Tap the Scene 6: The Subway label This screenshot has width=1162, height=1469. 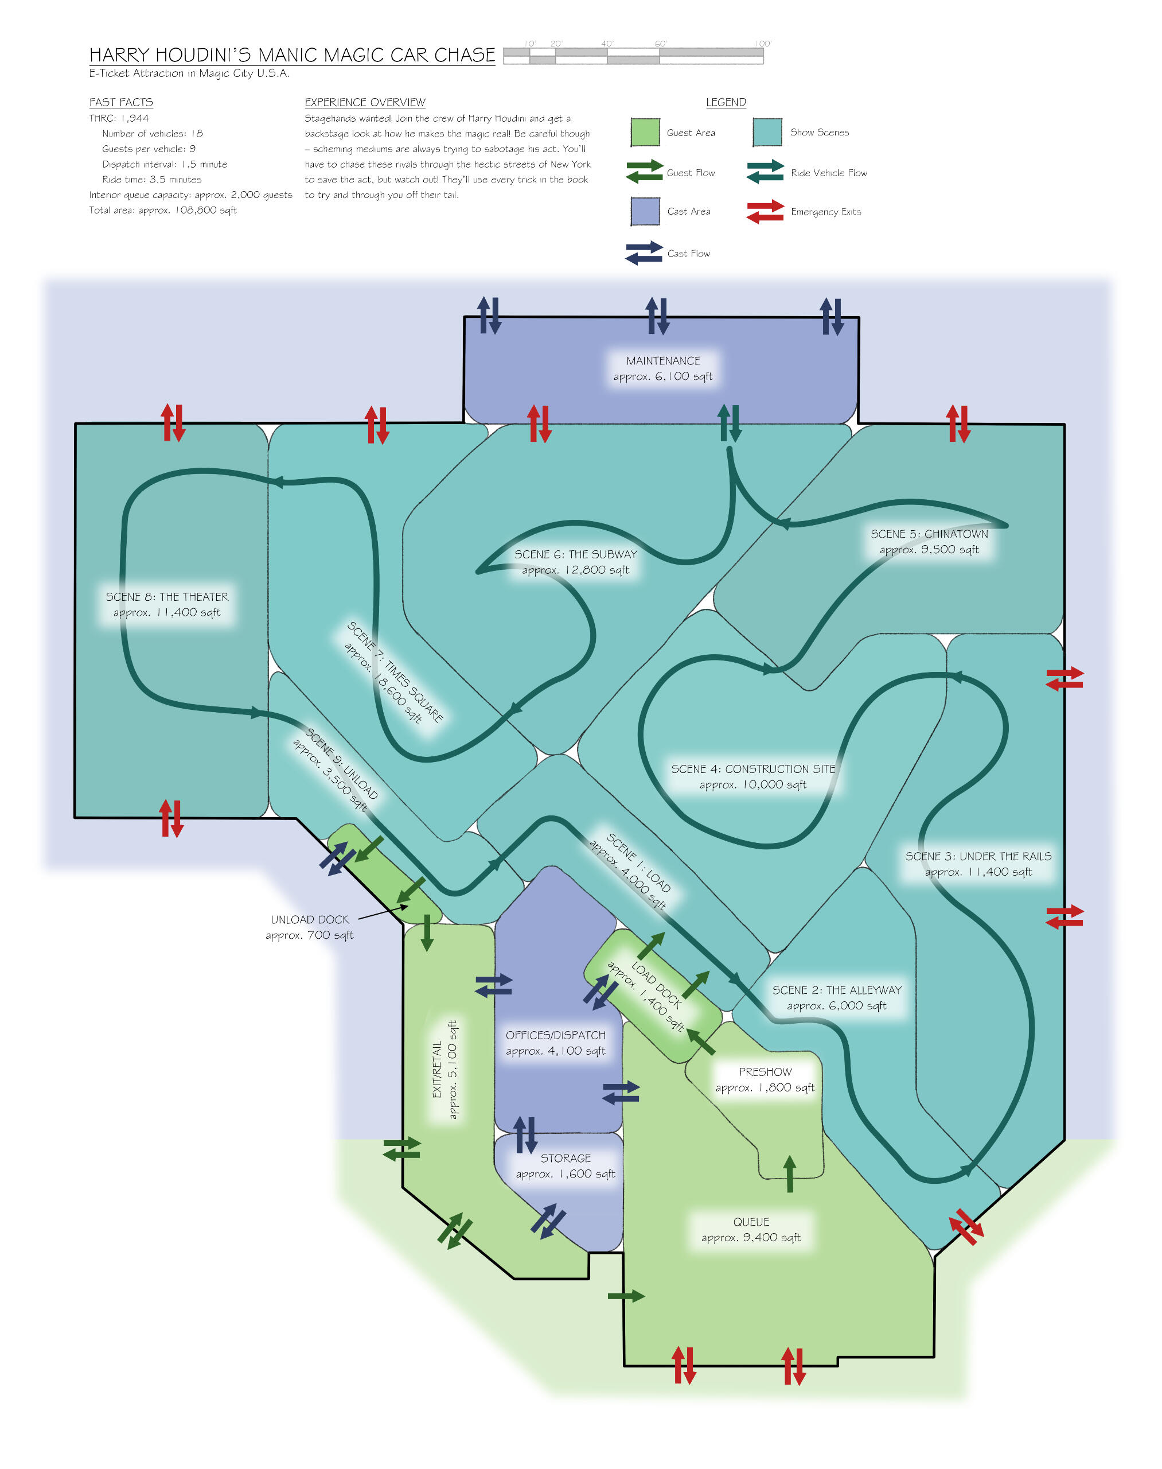(576, 562)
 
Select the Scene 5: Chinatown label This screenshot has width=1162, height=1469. (929, 541)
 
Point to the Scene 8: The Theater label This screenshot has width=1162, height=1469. (167, 604)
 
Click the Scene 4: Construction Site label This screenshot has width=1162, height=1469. (752, 776)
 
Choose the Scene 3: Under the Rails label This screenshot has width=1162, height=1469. (978, 863)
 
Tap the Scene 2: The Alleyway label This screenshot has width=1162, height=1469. (836, 997)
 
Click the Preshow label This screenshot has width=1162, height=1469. (765, 1079)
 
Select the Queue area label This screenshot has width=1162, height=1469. (751, 1229)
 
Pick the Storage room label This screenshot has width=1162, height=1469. (566, 1165)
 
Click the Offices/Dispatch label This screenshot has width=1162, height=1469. (555, 1042)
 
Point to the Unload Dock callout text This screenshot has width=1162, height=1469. (310, 927)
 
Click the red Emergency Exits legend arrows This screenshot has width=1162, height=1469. (765, 212)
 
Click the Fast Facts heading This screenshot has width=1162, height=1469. (121, 102)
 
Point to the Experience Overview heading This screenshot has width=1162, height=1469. (365, 102)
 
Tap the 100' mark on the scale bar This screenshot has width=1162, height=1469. (763, 44)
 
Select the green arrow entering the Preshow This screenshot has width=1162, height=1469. (789, 1173)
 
